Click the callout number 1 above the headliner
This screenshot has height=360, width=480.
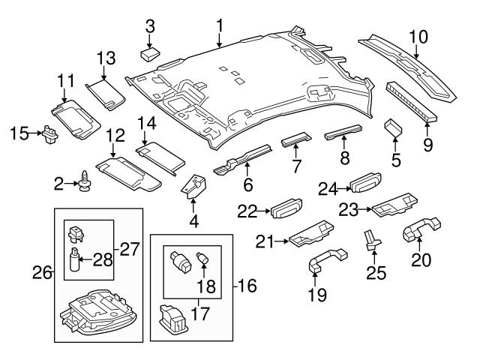[220, 25]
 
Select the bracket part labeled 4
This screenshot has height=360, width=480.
[195, 189]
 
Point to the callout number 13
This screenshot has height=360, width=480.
[106, 57]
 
